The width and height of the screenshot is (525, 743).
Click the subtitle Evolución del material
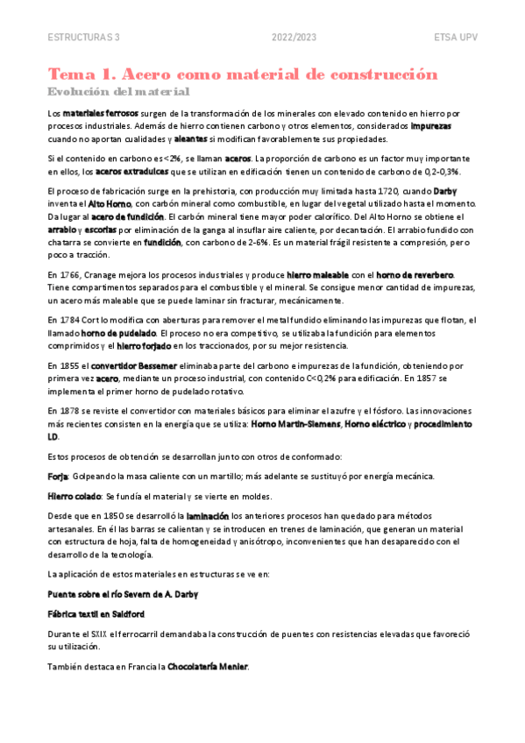tap(118, 91)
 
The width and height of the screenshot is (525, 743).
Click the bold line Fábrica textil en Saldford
tap(96, 613)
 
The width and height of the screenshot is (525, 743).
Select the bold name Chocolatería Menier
tap(208, 667)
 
